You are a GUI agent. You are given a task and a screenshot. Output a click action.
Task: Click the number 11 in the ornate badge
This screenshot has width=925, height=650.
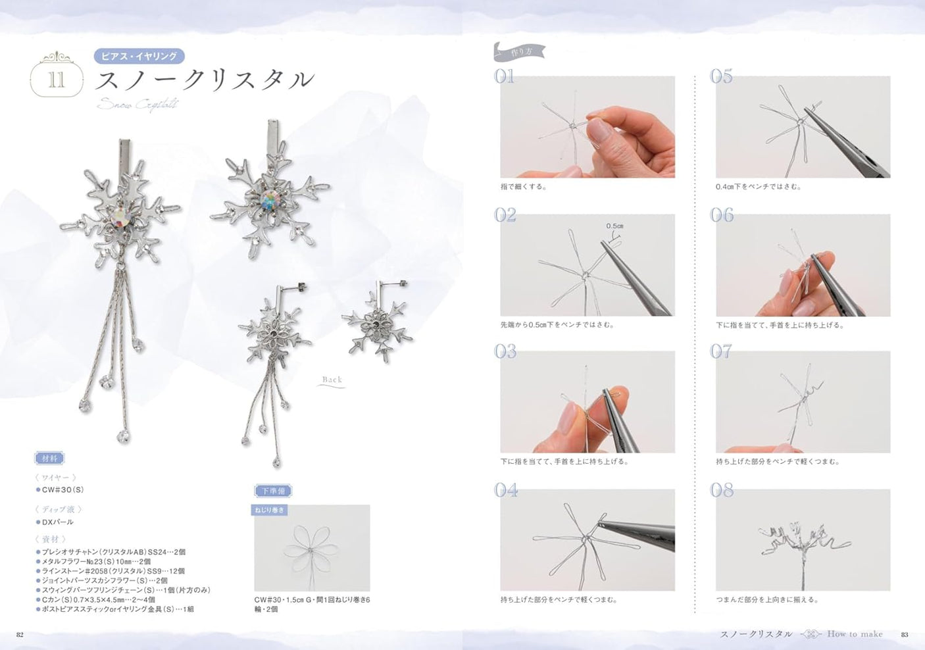click(57, 80)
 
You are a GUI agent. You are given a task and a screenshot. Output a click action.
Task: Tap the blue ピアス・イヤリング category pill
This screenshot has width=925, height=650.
click(139, 56)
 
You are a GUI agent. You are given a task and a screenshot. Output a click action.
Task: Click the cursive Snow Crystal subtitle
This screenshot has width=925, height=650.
click(137, 104)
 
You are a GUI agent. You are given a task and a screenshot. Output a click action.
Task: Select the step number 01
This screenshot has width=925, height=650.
click(505, 77)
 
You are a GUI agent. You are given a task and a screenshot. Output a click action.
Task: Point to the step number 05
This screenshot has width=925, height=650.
click(721, 77)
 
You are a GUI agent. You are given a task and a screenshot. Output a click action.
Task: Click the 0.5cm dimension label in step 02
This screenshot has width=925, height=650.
click(614, 226)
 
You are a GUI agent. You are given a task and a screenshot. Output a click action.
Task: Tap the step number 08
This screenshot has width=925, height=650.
click(722, 490)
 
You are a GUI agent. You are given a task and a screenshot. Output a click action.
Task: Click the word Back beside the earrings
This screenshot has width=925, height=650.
click(332, 380)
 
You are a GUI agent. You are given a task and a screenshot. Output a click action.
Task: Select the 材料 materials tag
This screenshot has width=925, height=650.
click(49, 459)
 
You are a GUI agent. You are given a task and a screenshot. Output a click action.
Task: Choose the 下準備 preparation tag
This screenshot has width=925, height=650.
click(272, 491)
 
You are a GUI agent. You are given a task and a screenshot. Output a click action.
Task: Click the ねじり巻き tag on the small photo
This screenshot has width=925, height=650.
click(270, 510)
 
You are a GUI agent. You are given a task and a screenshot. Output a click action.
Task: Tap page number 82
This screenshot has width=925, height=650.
click(20, 634)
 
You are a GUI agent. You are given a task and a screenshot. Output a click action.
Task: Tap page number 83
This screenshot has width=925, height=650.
click(905, 634)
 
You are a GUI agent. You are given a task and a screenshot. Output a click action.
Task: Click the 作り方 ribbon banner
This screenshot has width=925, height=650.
click(519, 51)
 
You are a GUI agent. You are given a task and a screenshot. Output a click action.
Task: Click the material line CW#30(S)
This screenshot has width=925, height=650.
click(63, 489)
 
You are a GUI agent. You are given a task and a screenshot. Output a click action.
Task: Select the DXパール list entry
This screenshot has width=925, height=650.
click(57, 522)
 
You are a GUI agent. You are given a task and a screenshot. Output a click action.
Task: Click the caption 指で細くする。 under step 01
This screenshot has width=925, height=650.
click(524, 187)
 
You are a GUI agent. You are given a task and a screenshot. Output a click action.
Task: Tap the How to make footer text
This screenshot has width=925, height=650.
click(855, 634)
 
